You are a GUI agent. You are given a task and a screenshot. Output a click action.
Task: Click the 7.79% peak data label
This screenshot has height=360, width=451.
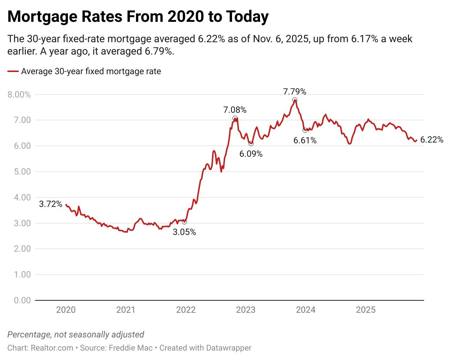pyautogui.click(x=295, y=92)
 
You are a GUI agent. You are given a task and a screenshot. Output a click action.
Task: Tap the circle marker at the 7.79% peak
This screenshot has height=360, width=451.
pyautogui.click(x=295, y=100)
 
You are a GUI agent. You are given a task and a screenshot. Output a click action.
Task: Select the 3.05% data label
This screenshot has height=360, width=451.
pyautogui.click(x=184, y=232)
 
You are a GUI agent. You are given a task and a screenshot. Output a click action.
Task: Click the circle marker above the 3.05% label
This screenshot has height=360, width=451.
pyautogui.click(x=184, y=221)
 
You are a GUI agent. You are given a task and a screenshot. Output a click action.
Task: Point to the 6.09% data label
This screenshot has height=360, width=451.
pyautogui.click(x=251, y=154)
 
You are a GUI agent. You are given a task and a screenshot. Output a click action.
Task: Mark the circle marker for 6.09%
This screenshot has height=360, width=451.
pyautogui.click(x=251, y=144)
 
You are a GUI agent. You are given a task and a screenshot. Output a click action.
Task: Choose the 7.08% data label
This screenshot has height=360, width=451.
pyautogui.click(x=235, y=110)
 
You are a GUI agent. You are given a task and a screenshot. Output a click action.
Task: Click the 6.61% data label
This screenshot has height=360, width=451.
pyautogui.click(x=305, y=140)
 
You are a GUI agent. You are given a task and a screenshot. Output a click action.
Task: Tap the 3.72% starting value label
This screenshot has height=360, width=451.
pyautogui.click(x=51, y=204)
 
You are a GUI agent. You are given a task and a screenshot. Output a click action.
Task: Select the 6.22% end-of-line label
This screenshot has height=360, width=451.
pyautogui.click(x=432, y=140)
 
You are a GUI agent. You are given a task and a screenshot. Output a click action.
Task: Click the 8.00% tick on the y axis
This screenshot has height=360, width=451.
pyautogui.click(x=19, y=95)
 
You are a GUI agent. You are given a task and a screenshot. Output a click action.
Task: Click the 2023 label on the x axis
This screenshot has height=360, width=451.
pyautogui.click(x=246, y=310)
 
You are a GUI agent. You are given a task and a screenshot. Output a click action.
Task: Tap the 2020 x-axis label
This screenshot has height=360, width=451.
pyautogui.click(x=66, y=310)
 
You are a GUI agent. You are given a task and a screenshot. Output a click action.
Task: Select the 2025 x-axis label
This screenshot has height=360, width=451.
pyautogui.click(x=366, y=310)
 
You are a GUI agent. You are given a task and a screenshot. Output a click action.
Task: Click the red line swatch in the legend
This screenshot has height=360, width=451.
pyautogui.click(x=13, y=72)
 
